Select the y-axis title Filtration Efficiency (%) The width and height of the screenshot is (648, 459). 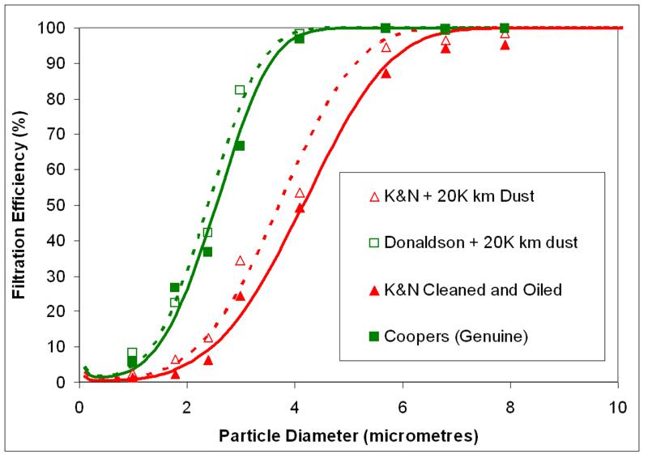click(x=19, y=204)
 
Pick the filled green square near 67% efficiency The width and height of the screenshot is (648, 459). click(x=240, y=146)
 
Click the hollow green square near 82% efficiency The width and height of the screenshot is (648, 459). click(x=240, y=90)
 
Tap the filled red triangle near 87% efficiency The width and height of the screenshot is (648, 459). click(x=386, y=73)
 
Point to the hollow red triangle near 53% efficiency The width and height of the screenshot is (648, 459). click(x=300, y=193)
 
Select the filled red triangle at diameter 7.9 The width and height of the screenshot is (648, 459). click(x=505, y=45)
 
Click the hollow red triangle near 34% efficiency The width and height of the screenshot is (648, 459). click(x=240, y=260)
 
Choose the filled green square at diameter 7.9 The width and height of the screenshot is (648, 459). click(x=505, y=28)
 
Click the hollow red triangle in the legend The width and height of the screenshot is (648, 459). click(x=373, y=195)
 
